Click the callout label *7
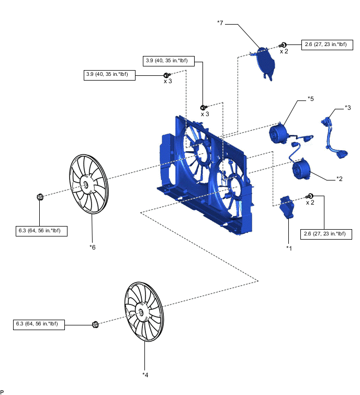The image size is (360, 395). click(220, 23)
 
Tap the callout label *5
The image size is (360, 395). click(310, 98)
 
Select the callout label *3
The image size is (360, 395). click(347, 108)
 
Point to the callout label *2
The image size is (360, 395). click(339, 179)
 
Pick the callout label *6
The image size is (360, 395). click(93, 246)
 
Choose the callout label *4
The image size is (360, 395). click(145, 374)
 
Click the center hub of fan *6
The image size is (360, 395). click(85, 185)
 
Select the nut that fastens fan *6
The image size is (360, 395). click(40, 197)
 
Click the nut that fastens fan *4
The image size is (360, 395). click(95, 324)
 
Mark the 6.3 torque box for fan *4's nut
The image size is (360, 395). click(40, 324)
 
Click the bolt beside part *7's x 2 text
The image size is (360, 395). click(283, 44)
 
